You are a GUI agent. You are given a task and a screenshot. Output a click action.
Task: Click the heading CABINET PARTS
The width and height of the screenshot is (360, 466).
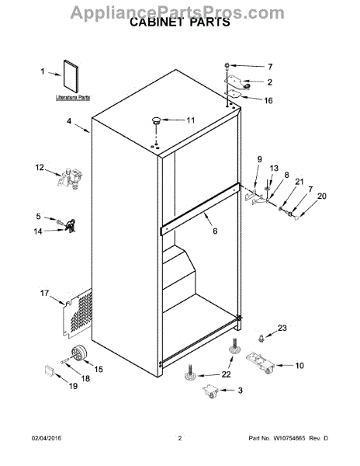pos(179,23)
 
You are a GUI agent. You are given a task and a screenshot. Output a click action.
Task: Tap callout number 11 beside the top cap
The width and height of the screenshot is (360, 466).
pos(191,120)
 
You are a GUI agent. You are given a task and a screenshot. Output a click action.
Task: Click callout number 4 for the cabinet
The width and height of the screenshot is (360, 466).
pos(69,121)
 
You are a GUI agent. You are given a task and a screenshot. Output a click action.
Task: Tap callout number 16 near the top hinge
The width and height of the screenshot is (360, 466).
pos(269,100)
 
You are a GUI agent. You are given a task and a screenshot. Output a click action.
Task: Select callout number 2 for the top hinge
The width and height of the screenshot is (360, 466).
pos(269,82)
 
